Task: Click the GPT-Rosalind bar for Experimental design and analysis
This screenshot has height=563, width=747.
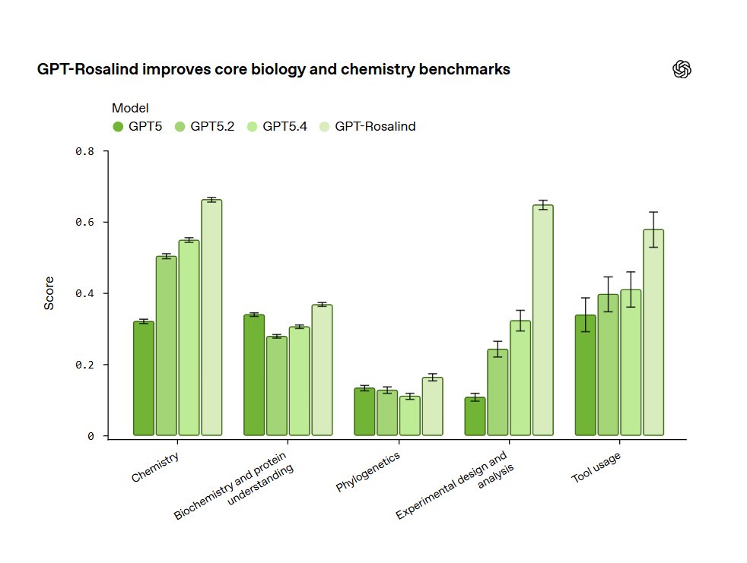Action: (543, 320)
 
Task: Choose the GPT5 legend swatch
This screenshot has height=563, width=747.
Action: (118, 127)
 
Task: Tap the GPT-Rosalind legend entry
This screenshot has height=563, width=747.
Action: (375, 127)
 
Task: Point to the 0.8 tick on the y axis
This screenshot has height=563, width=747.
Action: (85, 151)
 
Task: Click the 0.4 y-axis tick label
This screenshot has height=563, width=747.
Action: (85, 293)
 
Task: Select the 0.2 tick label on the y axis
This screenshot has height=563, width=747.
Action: (85, 365)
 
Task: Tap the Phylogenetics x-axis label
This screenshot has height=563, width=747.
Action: (368, 472)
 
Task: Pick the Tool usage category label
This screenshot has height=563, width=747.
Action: (596, 468)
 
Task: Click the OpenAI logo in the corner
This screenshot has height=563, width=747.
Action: (682, 69)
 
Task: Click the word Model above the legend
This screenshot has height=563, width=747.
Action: (130, 108)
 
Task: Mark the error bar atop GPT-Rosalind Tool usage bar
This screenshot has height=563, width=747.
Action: (653, 229)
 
